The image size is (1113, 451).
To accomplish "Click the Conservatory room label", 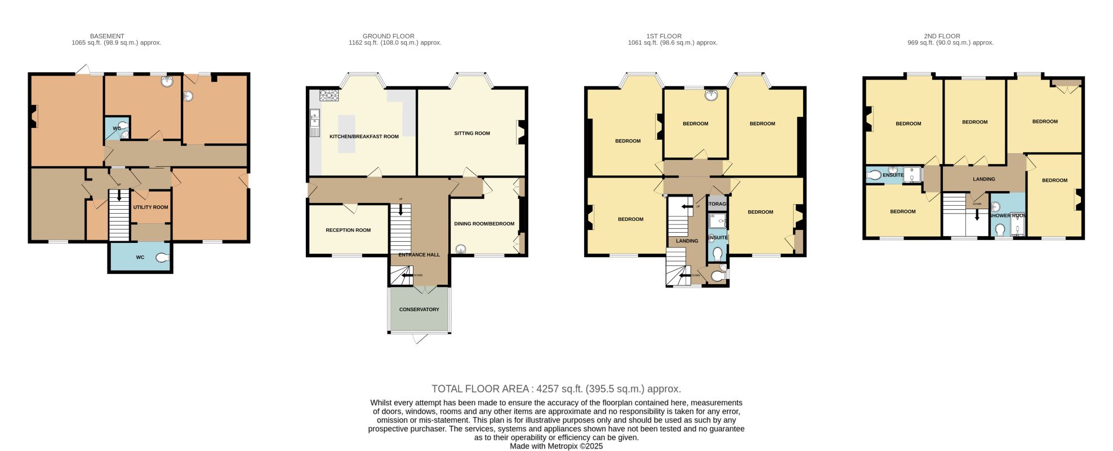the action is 419,309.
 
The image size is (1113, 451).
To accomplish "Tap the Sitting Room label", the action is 472,134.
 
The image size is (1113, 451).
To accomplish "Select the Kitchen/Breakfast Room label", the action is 364,136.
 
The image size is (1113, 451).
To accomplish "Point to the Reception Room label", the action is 348,230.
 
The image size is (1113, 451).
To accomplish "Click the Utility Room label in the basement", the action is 150,207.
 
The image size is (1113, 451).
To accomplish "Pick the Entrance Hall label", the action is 419,255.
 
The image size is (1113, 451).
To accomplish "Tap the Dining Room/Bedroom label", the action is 484,224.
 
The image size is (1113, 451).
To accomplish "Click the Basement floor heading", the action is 107,36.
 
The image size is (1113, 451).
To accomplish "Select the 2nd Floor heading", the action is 942,36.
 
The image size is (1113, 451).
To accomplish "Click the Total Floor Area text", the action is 556,388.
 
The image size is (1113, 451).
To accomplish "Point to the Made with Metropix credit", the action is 556,446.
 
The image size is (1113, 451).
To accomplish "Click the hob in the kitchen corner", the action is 328,96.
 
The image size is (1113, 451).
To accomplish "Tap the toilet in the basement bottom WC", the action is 162,258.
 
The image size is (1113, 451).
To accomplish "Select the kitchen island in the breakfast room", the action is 346,134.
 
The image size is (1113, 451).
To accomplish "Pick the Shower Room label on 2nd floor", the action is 1007,216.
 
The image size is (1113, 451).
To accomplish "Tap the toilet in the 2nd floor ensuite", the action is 874,175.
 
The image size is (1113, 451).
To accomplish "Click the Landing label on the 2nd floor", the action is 984,179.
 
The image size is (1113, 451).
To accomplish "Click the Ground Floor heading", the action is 389,36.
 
